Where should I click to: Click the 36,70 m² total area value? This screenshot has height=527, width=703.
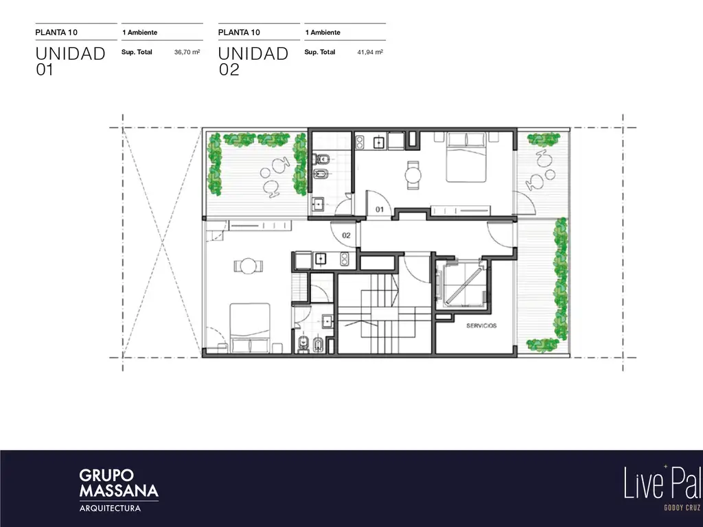tap(187, 52)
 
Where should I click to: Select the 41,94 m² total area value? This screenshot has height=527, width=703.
tap(370, 52)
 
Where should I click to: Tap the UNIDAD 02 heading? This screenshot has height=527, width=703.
tap(253, 61)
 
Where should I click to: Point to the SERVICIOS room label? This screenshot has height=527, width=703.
tap(481, 326)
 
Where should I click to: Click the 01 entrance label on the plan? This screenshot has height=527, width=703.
tap(380, 209)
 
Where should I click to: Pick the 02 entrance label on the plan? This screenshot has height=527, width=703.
tap(346, 235)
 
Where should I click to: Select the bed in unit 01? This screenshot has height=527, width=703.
tap(466, 157)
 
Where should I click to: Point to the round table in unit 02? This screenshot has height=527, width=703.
tap(248, 266)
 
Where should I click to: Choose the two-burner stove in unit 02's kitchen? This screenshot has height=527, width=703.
tap(344, 259)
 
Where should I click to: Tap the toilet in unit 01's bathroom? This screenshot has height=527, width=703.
tap(322, 159)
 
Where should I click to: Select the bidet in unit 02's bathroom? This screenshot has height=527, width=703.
tap(318, 344)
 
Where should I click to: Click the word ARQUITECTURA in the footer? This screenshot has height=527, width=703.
tap(110, 508)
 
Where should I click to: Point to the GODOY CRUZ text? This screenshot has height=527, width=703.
tap(682, 508)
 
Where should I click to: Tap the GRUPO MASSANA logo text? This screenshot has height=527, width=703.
tap(119, 483)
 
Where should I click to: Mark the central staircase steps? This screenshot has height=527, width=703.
tap(378, 313)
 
